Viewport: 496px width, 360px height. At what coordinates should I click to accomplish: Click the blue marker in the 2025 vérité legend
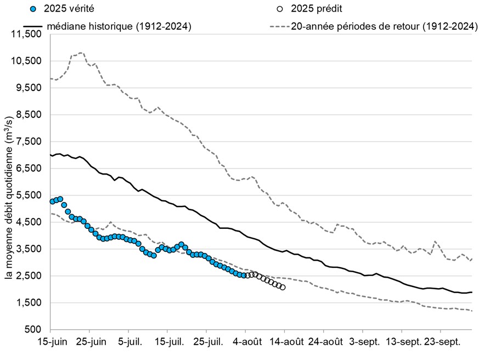click(33, 9)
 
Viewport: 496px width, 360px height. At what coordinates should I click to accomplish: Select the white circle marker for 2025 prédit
click(280, 9)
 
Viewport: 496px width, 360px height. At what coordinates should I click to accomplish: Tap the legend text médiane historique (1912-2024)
click(119, 26)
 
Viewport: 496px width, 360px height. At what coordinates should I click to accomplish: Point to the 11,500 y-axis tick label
click(26, 34)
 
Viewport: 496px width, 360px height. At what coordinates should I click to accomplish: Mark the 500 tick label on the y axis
click(35, 330)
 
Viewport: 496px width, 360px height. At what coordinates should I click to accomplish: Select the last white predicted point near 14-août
click(283, 287)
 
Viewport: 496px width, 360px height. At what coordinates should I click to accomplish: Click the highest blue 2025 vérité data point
click(60, 199)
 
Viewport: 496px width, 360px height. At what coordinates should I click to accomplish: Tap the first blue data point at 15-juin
click(52, 201)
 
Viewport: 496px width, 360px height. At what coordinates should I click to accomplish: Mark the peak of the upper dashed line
click(81, 53)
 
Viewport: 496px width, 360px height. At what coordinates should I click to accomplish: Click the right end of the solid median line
click(472, 292)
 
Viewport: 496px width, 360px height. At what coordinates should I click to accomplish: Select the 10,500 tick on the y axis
click(26, 61)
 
